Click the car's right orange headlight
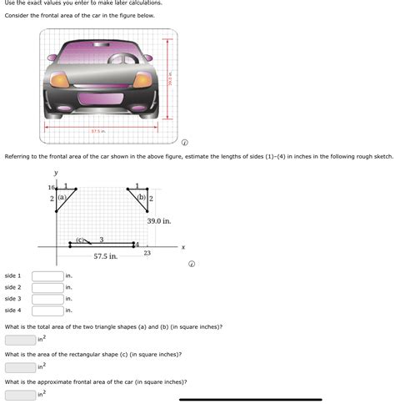click(142, 79)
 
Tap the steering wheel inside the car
click(126, 59)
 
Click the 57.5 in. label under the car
click(98, 131)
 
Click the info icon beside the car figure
click(185, 142)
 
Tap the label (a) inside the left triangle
click(62, 198)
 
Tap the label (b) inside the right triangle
click(142, 198)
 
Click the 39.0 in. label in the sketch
click(158, 221)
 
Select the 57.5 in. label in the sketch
click(106, 256)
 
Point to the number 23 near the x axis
click(147, 252)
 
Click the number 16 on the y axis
click(51, 188)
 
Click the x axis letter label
click(182, 247)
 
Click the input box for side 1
click(47, 275)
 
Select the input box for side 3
click(47, 299)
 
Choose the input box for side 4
click(47, 311)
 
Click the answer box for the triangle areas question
click(20, 340)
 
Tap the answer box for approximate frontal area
click(20, 395)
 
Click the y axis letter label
click(56, 173)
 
